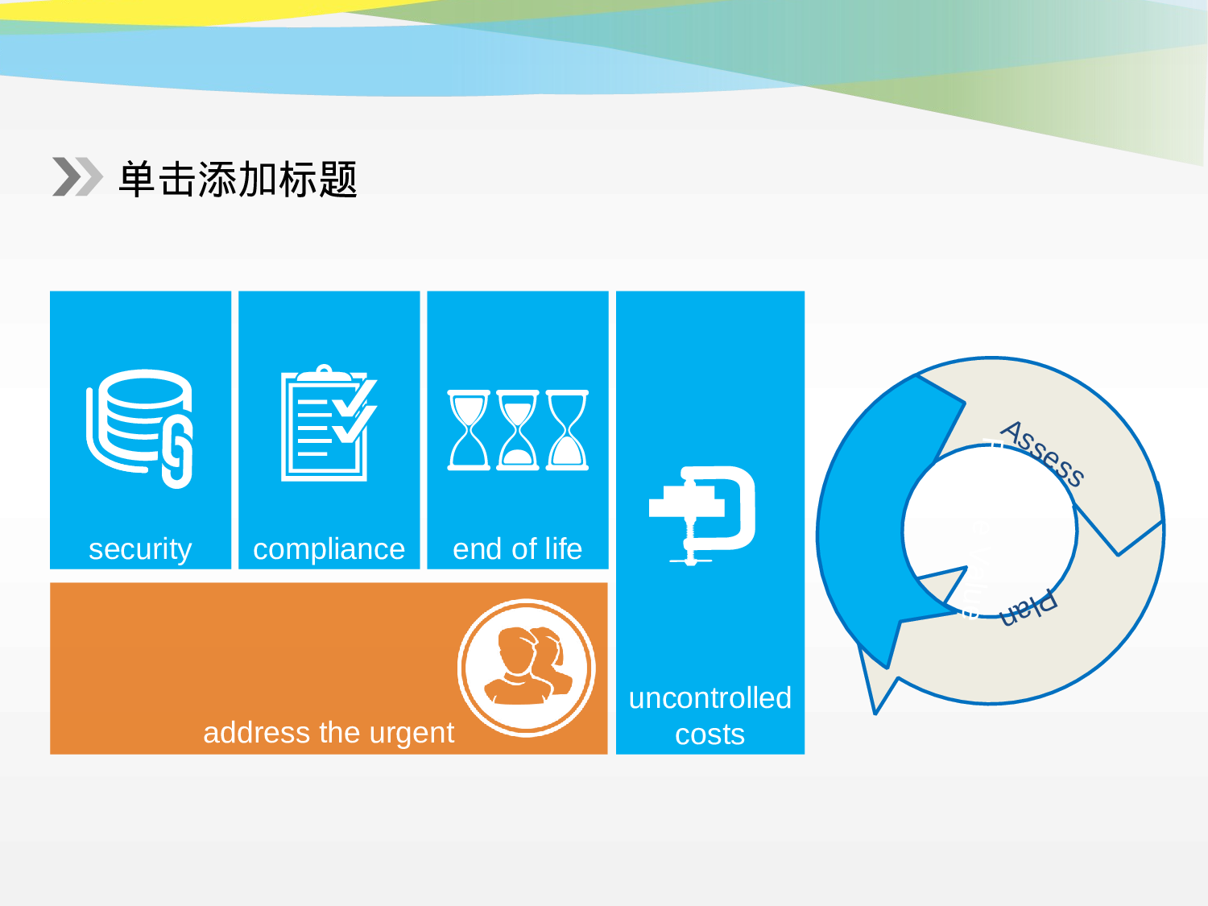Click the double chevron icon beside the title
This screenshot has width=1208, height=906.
(x=77, y=177)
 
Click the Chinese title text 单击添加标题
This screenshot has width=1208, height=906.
(x=238, y=179)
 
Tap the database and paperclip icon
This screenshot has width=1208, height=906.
(x=140, y=428)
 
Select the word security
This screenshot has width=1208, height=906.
(x=140, y=549)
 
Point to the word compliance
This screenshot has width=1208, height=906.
(x=329, y=549)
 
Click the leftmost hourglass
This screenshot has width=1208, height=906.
(x=469, y=430)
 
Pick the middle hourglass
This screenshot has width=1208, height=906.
(x=518, y=430)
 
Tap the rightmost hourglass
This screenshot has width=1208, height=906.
(x=568, y=430)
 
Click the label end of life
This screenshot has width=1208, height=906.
(x=517, y=549)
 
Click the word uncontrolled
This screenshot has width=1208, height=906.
(x=709, y=698)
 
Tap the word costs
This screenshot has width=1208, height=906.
(x=709, y=734)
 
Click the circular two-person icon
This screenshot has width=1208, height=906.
(x=527, y=668)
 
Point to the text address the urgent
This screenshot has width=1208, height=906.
(x=329, y=733)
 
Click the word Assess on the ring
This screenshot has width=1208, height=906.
(x=1042, y=453)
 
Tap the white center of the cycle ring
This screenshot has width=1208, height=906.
(x=991, y=532)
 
